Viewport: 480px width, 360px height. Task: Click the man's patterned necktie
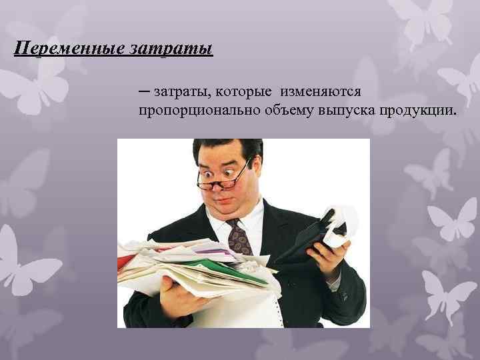(239, 236)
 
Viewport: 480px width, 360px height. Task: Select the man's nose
(227, 187)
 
